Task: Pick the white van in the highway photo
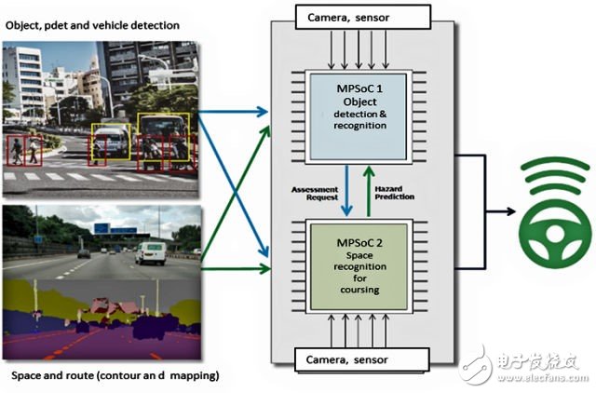tap(149, 252)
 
